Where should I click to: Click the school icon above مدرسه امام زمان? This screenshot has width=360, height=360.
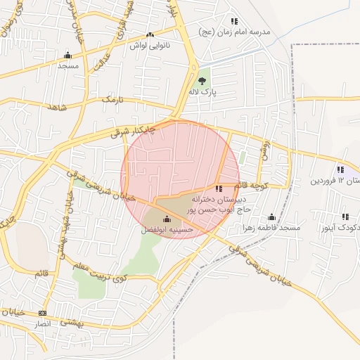pos(234,22)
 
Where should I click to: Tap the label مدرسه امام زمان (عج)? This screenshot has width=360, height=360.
pos(235,32)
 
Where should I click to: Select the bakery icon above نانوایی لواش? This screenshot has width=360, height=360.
pos(149,34)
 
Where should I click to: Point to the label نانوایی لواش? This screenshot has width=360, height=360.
pos(149,45)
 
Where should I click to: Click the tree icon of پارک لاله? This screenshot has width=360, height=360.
pos(202,82)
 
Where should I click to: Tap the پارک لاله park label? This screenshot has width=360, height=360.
pos(202,92)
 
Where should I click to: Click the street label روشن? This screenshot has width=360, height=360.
pos(264,148)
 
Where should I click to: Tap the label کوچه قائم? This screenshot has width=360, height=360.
pos(250,185)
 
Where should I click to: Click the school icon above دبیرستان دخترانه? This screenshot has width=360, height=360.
pos(219,188)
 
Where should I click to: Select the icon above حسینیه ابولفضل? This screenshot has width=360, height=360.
pos(167,219)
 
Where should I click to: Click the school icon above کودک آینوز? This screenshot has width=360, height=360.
pos(345,217)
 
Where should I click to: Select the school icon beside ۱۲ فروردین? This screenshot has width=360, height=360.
pos(341,169)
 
